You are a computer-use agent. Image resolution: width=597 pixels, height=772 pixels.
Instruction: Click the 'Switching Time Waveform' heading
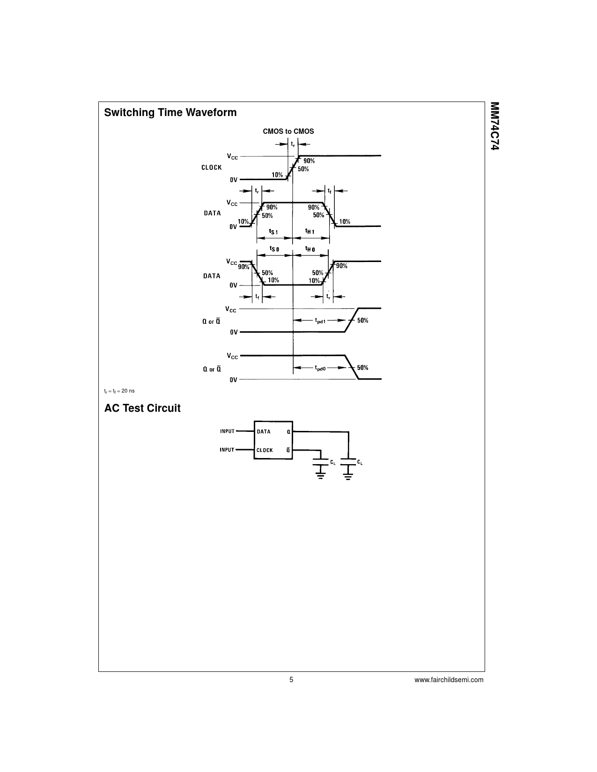click(170, 112)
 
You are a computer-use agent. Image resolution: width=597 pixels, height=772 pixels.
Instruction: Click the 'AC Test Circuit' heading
click(142, 408)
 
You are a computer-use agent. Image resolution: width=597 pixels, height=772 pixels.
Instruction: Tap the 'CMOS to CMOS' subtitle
click(288, 131)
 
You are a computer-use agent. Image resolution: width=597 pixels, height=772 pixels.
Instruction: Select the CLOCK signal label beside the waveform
click(212, 168)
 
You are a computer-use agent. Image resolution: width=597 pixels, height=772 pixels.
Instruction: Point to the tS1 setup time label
click(273, 232)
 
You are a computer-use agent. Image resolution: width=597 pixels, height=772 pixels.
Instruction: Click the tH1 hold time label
click(310, 231)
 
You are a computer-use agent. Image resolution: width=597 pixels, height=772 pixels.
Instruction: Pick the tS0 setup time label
click(274, 249)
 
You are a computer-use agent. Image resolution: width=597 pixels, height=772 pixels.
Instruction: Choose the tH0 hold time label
click(310, 249)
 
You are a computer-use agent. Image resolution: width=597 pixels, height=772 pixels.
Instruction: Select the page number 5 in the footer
click(291, 680)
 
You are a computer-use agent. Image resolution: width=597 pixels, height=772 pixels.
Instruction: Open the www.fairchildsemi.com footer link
click(449, 680)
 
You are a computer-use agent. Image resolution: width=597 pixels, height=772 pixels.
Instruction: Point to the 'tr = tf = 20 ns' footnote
click(119, 391)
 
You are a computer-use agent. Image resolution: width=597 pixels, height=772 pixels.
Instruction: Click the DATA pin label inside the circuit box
click(264, 432)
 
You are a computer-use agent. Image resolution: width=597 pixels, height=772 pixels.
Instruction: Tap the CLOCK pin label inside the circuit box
click(265, 450)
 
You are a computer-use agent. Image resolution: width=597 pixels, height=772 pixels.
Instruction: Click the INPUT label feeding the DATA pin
click(227, 431)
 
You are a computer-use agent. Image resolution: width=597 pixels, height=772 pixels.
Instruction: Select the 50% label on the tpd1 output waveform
click(363, 320)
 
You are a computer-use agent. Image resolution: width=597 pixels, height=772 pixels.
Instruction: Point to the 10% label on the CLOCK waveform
click(277, 175)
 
